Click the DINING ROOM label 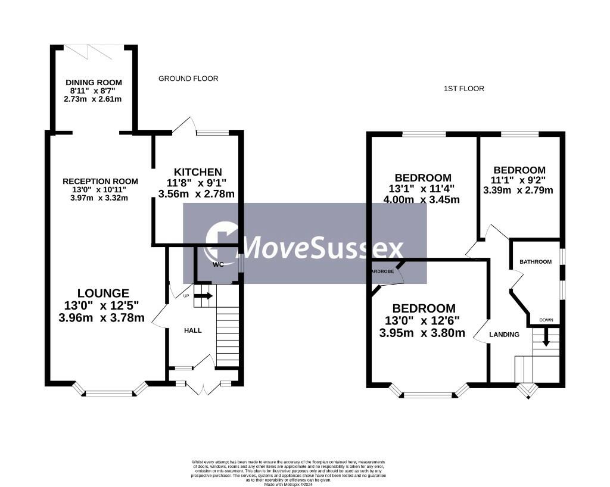(94, 82)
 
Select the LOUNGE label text (103, 293)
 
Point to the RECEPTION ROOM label (101, 182)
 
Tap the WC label (218, 264)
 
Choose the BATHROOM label (536, 261)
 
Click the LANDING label (504, 335)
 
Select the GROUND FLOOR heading (188, 79)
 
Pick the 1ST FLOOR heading (464, 89)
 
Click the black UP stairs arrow (204, 295)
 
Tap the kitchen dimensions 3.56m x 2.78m (196, 193)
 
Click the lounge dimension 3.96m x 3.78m (102, 317)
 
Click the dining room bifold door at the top (88, 52)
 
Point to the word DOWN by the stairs (546, 320)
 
